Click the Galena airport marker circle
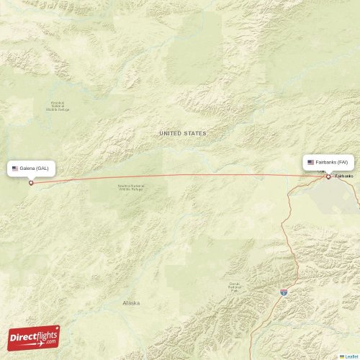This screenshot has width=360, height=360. (31, 183)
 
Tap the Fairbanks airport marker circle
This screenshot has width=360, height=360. (328, 176)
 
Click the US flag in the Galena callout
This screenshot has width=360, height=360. (15, 168)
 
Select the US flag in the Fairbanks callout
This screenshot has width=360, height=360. (311, 162)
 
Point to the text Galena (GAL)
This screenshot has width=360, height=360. (36, 168)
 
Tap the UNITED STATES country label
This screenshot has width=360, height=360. (183, 133)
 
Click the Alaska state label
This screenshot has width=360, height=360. (132, 303)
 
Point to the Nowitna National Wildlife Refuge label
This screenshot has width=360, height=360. (130, 188)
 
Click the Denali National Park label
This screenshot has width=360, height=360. (234, 287)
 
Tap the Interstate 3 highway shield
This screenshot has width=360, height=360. (284, 292)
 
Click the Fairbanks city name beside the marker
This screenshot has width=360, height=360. (345, 176)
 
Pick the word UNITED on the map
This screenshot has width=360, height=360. (171, 133)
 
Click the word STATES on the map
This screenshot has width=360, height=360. (195, 133)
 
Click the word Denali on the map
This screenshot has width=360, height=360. (234, 283)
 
